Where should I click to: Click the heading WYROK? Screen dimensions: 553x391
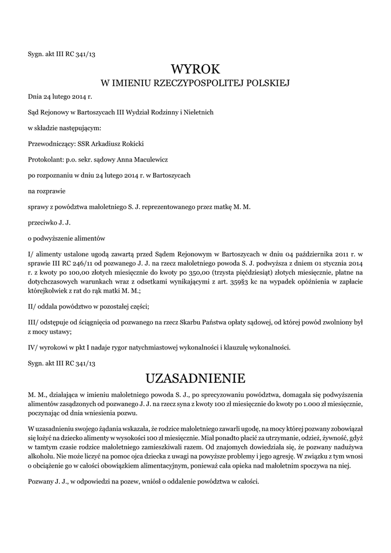(196, 69)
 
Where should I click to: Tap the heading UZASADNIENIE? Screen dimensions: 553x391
(196, 376)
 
